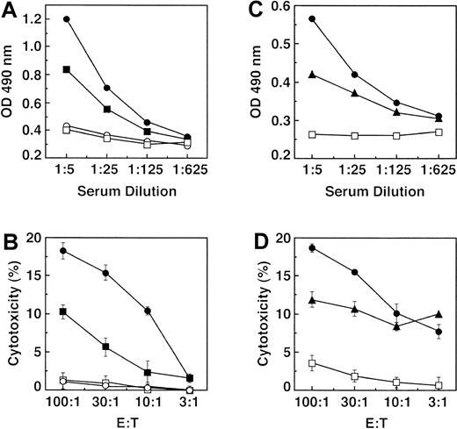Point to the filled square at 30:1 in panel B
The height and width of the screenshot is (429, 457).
click(x=106, y=347)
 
